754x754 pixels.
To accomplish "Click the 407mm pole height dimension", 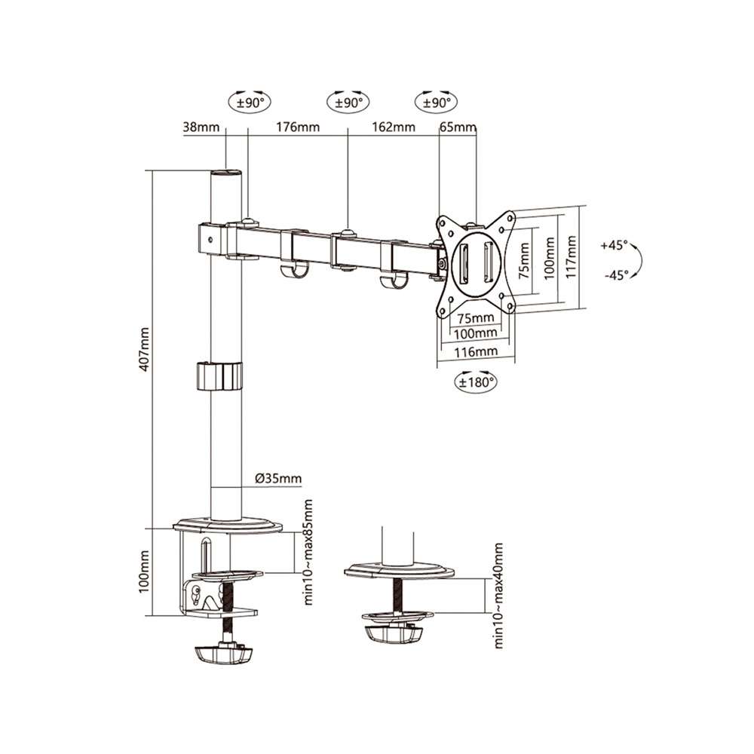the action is tap(144, 349).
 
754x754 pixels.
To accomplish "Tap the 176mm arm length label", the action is tap(298, 127).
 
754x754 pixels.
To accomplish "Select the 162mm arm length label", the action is tap(394, 127).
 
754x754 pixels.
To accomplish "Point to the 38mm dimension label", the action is tap(201, 127).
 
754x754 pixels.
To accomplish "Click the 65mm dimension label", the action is tap(458, 127).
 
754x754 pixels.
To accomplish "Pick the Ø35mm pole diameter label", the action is tap(278, 479).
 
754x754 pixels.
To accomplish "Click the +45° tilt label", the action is tap(615, 245).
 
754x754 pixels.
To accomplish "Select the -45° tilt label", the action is tap(617, 275).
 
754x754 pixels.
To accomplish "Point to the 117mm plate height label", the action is tap(571, 257).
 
